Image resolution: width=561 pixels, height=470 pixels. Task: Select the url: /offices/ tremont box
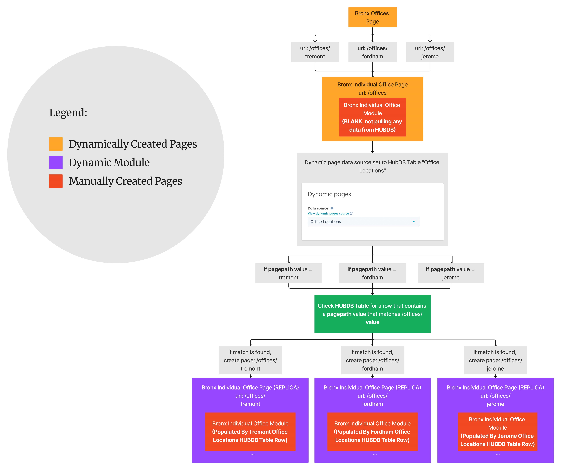(315, 52)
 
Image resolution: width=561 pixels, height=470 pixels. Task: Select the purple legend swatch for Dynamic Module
(56, 163)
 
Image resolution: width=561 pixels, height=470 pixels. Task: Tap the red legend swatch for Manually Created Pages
(56, 181)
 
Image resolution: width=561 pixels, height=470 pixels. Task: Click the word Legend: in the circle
(68, 113)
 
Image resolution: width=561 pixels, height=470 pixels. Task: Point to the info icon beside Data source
(332, 208)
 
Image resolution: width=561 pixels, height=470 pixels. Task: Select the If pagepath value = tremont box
(288, 273)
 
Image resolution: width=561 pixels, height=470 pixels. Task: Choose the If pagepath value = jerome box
(451, 273)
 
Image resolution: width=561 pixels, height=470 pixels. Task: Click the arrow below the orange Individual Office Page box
(372, 147)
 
